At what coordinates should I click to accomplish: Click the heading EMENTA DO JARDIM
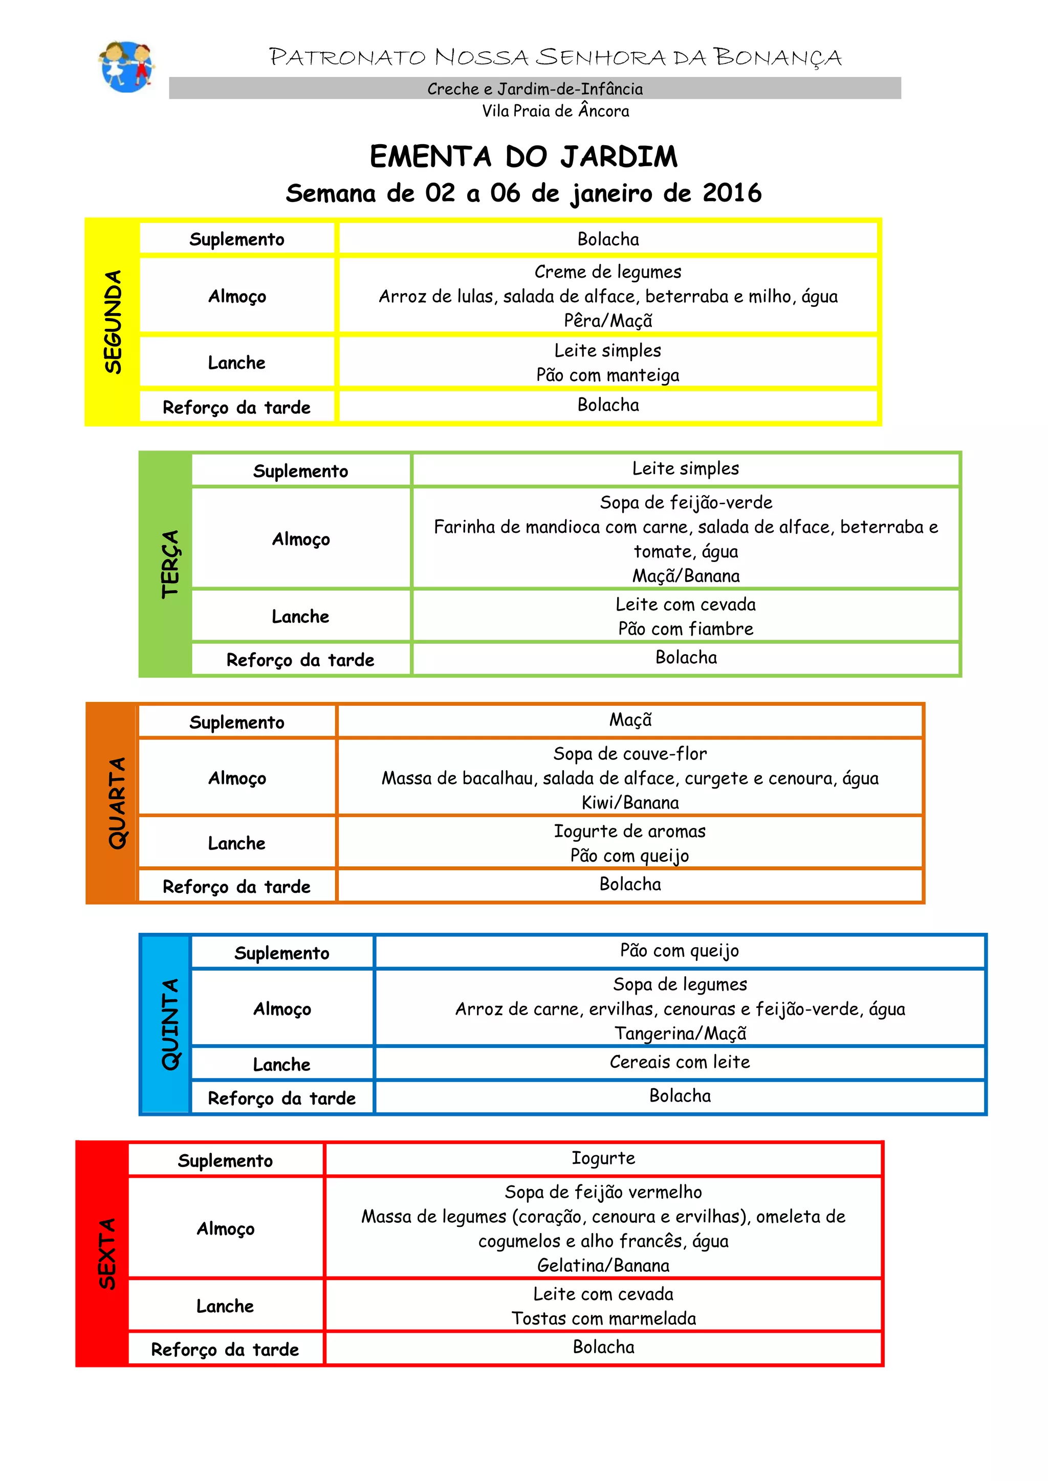click(523, 157)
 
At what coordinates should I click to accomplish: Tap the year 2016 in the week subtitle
click(732, 193)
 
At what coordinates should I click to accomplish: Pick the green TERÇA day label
click(170, 564)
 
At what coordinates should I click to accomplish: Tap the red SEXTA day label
click(106, 1253)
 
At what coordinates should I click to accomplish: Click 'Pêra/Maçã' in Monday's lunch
click(608, 321)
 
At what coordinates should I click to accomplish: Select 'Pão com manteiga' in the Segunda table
click(608, 375)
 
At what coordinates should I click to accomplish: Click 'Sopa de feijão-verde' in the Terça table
click(686, 503)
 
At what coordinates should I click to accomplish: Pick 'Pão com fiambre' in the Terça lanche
click(686, 629)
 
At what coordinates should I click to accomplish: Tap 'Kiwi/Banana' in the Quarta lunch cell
click(630, 802)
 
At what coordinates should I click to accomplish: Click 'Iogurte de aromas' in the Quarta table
click(630, 831)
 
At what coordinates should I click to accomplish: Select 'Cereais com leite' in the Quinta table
click(680, 1062)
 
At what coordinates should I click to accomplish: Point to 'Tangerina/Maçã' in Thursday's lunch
click(680, 1034)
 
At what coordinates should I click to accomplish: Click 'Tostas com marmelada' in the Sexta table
click(604, 1318)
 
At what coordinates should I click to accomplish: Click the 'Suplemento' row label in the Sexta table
click(225, 1160)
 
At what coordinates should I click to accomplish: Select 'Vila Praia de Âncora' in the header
click(556, 111)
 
